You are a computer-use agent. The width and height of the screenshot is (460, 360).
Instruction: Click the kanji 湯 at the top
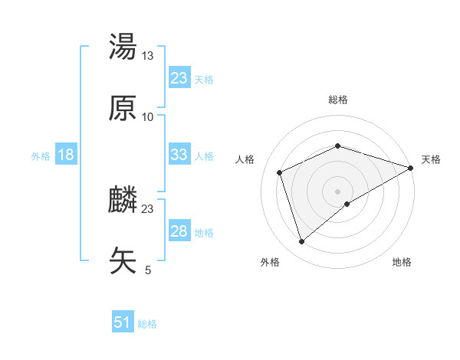click(x=123, y=47)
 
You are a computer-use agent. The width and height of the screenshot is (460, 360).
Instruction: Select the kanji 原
click(x=123, y=108)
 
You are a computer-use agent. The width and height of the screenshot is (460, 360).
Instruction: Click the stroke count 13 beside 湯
click(x=148, y=55)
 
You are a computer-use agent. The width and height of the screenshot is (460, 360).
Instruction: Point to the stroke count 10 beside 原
click(x=148, y=116)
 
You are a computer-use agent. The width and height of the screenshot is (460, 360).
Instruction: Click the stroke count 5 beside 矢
click(x=148, y=270)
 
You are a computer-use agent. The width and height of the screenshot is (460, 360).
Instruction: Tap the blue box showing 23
click(x=179, y=78)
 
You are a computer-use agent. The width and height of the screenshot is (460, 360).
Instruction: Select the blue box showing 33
click(x=179, y=155)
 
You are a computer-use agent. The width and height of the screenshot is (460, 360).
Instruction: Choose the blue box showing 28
click(x=179, y=231)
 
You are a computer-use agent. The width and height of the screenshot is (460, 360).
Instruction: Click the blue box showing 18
click(x=66, y=155)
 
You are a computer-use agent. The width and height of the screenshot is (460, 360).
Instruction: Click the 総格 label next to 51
click(x=147, y=323)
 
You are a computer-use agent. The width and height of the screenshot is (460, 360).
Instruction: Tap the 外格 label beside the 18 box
click(x=41, y=155)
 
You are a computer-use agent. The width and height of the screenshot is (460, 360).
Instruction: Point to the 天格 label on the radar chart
click(x=431, y=159)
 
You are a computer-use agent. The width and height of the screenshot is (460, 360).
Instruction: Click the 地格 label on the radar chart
click(x=402, y=262)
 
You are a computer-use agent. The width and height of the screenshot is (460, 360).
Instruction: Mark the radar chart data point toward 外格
click(x=301, y=242)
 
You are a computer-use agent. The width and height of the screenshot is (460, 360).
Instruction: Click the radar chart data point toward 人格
click(x=280, y=172)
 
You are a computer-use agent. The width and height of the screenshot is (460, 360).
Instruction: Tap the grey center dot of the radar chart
click(x=338, y=191)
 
